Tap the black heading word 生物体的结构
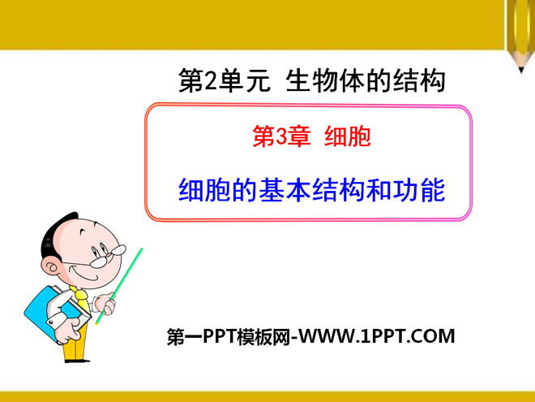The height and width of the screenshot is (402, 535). (x=366, y=80)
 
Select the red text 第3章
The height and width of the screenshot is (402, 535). (x=281, y=136)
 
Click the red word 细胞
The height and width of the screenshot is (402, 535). (x=347, y=136)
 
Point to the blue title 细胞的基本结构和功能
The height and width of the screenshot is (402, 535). (x=312, y=190)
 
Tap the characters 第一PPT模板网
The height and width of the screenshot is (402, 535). (x=229, y=336)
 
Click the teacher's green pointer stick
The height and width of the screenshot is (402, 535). (x=119, y=286)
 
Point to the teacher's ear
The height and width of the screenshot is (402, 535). (x=50, y=266)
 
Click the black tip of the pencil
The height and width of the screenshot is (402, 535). (x=521, y=70)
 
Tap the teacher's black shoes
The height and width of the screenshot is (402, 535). (x=77, y=361)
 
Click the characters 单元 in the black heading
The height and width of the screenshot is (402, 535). (x=245, y=81)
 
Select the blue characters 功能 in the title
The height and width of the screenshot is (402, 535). (x=419, y=190)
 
